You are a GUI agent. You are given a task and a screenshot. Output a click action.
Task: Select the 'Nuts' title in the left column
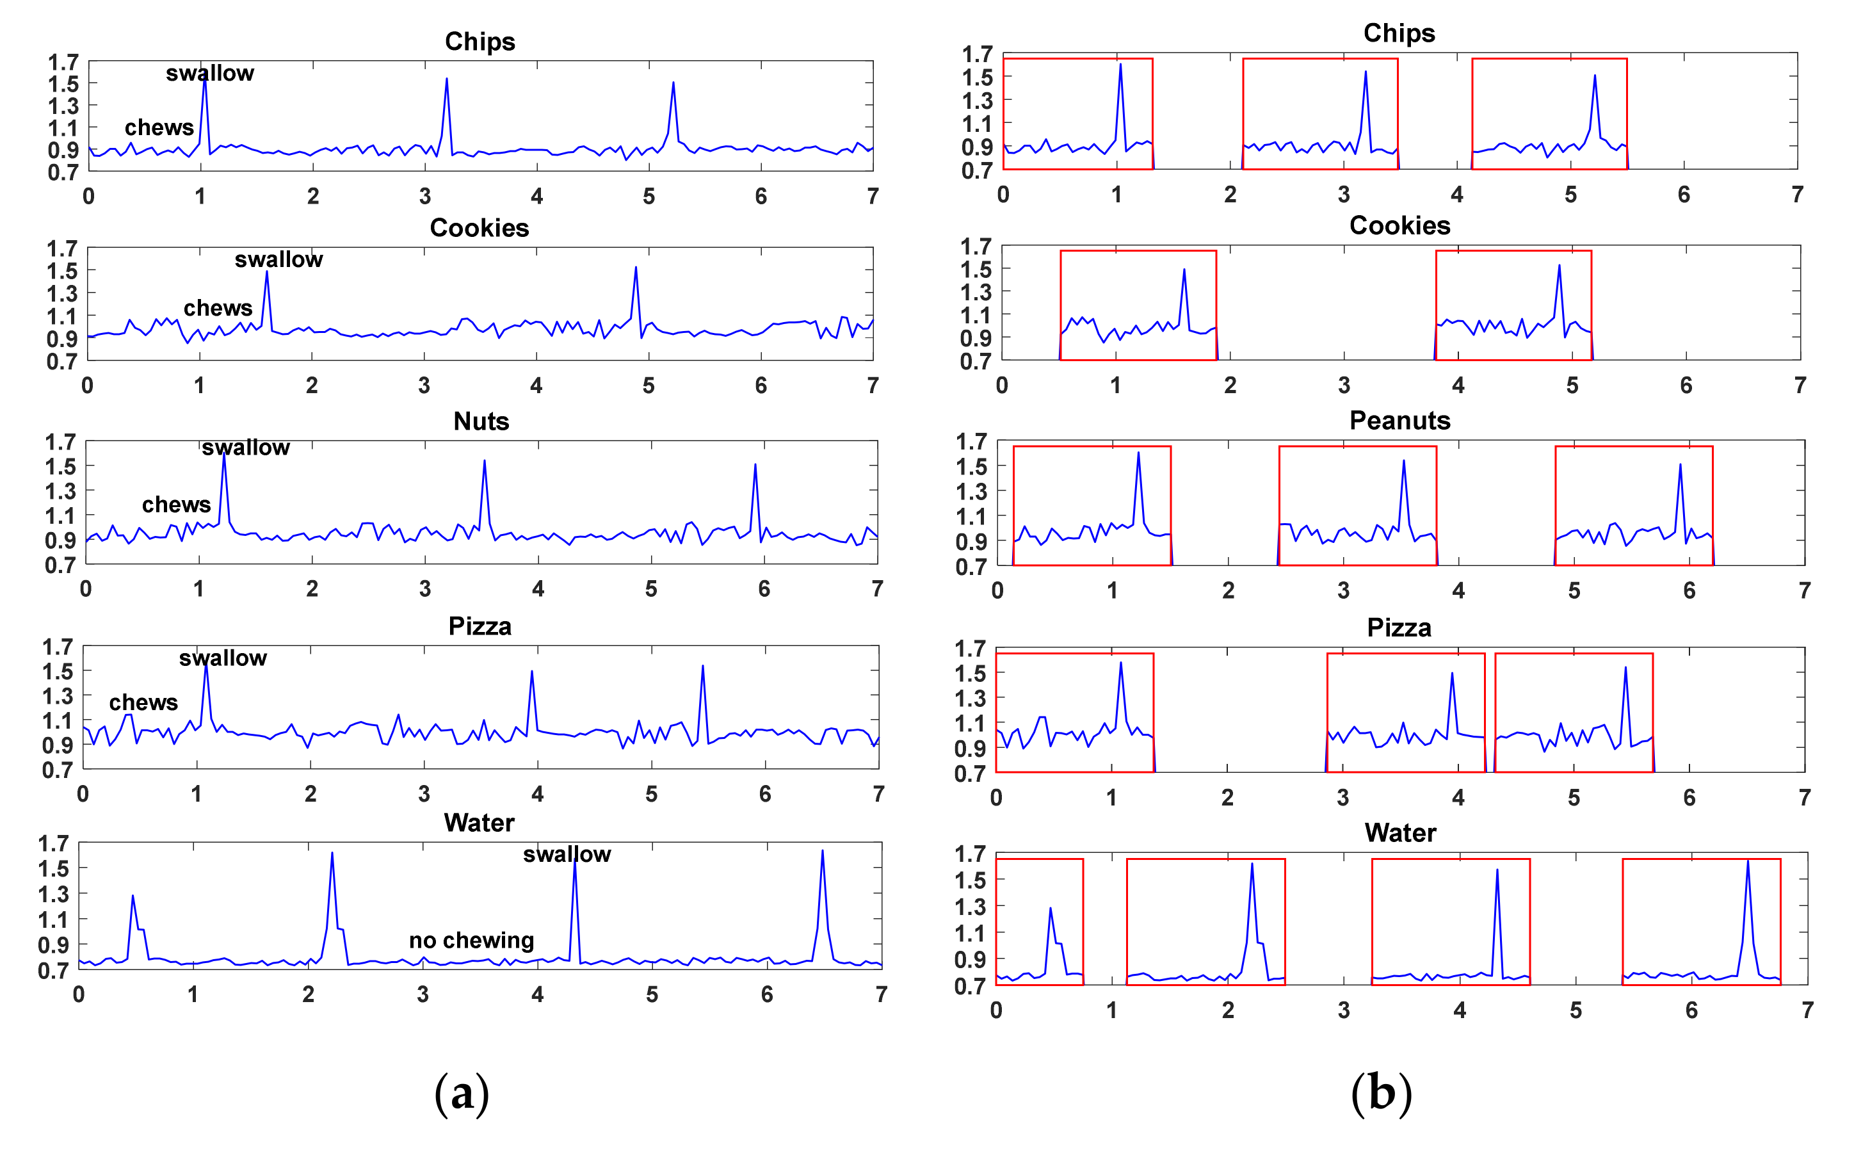(x=481, y=421)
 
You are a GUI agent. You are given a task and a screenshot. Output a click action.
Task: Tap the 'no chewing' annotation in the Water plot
(x=471, y=940)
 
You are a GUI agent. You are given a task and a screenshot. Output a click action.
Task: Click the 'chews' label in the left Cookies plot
(x=218, y=308)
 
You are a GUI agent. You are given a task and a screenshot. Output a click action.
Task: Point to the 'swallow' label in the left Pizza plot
(x=223, y=658)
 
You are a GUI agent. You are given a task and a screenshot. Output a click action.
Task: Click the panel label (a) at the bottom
(x=461, y=1093)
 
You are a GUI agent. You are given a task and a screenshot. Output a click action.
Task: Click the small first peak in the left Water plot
(x=133, y=896)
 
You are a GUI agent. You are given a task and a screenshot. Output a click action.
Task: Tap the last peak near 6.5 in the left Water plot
(x=822, y=852)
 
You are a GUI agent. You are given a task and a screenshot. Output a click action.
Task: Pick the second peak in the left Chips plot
(x=446, y=79)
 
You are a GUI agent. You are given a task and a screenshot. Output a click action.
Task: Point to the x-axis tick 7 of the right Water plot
(x=1807, y=1010)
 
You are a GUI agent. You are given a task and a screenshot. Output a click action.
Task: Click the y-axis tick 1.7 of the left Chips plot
(x=63, y=62)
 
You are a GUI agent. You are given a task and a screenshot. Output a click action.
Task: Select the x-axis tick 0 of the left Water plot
(x=78, y=994)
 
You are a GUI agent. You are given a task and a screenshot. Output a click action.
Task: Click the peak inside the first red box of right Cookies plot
(x=1183, y=270)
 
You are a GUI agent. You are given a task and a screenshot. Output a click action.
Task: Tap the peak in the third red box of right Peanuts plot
(x=1679, y=465)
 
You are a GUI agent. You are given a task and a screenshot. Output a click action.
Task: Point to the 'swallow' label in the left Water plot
(x=567, y=854)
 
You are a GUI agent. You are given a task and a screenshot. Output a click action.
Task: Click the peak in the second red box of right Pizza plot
(x=1452, y=674)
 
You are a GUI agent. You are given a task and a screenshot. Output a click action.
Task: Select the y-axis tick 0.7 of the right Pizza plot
(x=971, y=773)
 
